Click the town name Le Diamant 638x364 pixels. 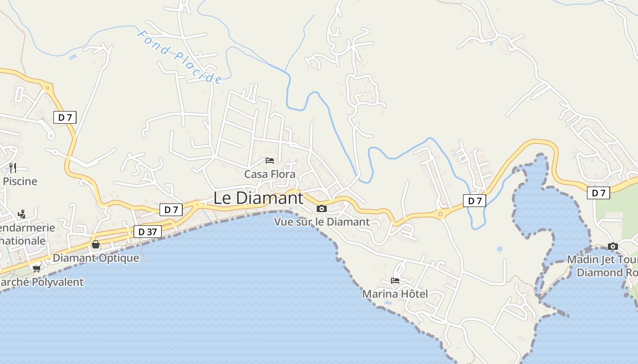pos(258,198)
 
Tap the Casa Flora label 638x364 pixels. pos(270,174)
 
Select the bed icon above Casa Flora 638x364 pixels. pos(270,161)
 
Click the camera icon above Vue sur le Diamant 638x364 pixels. pos(322,208)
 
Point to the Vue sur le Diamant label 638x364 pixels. pos(322,222)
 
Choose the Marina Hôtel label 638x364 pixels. pos(395,294)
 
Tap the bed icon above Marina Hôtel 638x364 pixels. pos(395,280)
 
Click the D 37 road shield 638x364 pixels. pos(148,232)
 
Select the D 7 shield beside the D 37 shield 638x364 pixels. pos(171,210)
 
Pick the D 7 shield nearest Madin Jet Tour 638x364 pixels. pos(598,193)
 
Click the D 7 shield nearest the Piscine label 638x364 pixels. pos(65,117)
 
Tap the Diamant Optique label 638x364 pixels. pos(96,258)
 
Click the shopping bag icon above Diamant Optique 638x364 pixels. pos(96,245)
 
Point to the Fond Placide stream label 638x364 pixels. pos(180,57)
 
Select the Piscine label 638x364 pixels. pos(20,181)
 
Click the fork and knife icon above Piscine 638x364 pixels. pos(13,168)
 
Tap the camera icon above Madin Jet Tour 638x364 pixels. pos(613,247)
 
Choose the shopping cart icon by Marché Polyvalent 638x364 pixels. pos(36,268)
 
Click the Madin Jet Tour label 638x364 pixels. pos(602,259)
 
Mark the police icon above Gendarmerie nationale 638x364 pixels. pos(21,214)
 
